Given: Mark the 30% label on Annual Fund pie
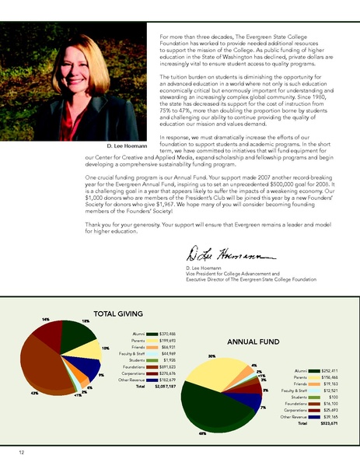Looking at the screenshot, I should click(x=189, y=356).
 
